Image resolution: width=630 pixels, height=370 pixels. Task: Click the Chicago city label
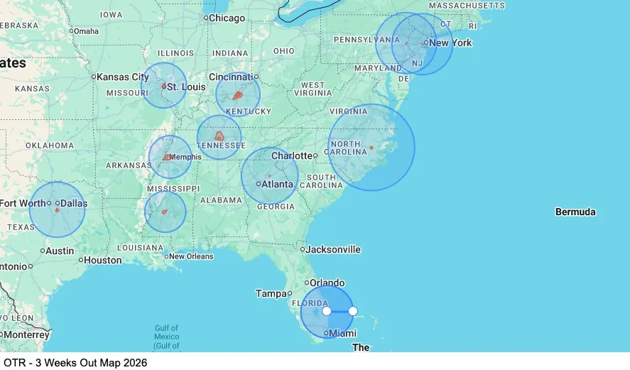[227, 18]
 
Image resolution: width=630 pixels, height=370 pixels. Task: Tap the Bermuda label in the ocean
[575, 212]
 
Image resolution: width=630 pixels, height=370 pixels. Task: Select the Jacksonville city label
[333, 249]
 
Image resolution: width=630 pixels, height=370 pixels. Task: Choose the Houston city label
[102, 260]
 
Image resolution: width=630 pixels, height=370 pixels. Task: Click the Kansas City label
[122, 77]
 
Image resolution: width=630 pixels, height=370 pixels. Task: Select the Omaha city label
[86, 31]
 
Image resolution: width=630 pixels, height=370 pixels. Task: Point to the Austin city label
[60, 251]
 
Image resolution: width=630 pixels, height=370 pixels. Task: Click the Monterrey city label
[26, 334]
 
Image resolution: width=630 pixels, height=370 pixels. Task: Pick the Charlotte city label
[292, 156]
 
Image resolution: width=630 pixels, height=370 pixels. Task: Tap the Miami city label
[343, 333]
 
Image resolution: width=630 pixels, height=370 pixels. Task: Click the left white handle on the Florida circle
[327, 311]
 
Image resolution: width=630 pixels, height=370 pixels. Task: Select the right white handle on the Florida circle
[353, 311]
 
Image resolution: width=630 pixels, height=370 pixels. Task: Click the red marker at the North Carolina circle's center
[371, 148]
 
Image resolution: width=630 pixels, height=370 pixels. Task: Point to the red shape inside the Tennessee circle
[219, 135]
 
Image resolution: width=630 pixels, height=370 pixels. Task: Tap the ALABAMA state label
[221, 200]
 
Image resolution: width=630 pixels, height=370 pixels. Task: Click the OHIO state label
[283, 51]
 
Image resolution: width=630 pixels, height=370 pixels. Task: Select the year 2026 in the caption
[134, 363]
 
